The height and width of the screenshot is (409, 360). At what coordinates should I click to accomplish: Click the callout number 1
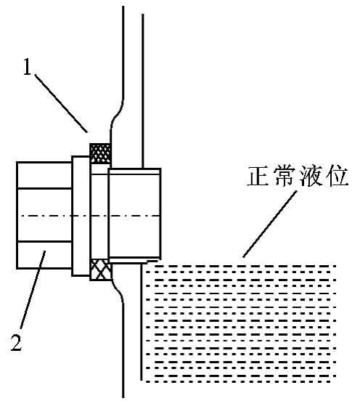point(27,67)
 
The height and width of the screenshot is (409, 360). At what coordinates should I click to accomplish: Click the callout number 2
point(17,342)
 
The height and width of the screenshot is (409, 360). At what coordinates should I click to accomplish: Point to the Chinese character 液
point(311,176)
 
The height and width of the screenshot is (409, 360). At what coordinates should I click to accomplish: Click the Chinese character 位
point(337,176)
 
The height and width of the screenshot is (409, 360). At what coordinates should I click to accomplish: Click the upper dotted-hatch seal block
point(100,153)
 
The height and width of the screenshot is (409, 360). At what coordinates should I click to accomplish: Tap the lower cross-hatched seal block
point(101,270)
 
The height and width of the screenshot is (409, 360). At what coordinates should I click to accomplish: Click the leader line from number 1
point(60,103)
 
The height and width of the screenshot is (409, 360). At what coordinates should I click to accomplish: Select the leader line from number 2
point(33,290)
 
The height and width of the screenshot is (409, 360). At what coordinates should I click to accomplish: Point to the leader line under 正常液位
point(270,224)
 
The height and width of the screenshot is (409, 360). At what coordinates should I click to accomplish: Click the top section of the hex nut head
point(44,175)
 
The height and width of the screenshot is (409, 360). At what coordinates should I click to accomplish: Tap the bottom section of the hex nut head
point(44,255)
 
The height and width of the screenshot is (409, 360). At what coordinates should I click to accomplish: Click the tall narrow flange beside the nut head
point(81,216)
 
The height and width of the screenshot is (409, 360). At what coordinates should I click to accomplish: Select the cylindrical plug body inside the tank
point(134,214)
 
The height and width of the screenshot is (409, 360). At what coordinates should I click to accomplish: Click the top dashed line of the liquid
point(245,267)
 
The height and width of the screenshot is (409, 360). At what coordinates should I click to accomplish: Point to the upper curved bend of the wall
point(118,113)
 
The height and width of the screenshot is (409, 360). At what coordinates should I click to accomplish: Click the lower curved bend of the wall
point(118,288)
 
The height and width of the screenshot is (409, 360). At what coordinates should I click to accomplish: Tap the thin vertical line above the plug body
point(142,91)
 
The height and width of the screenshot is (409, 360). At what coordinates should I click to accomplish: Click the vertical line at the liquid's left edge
point(142,322)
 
